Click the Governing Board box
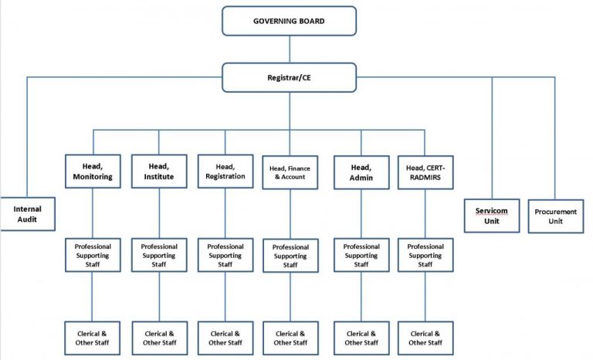tap(290, 20)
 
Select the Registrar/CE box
tap(290, 77)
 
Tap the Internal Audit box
tap(28, 213)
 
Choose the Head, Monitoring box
tap(93, 171)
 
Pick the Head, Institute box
tap(158, 171)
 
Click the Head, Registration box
tap(225, 171)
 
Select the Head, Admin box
tap(361, 171)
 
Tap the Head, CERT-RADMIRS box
tap(425, 171)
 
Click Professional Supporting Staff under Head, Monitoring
tap(93, 256)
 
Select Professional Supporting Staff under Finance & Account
tap(290, 256)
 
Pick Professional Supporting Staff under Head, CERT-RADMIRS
tap(425, 256)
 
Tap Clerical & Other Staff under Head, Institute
tap(158, 338)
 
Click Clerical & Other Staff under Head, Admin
tap(361, 338)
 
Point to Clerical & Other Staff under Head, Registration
tap(225, 338)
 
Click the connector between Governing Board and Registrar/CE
tap(290, 49)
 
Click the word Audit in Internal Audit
tap(28, 219)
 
